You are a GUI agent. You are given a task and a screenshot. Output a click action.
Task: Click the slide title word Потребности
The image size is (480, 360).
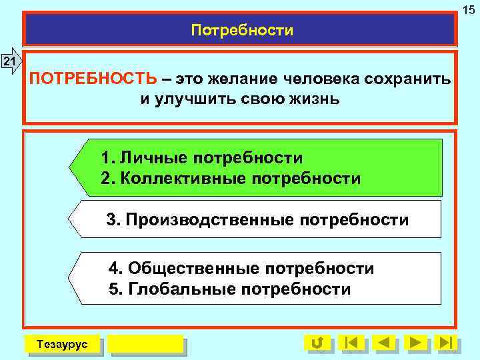pyautogui.click(x=241, y=31)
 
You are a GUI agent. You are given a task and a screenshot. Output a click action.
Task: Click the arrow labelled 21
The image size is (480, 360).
pyautogui.click(x=10, y=62)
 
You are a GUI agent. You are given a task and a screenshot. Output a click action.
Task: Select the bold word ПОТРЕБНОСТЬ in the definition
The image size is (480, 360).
pyautogui.click(x=94, y=79)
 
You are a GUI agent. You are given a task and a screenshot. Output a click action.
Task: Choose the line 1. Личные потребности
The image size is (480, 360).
pyautogui.click(x=201, y=158)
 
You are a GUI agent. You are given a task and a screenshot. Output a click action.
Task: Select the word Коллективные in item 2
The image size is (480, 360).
pyautogui.click(x=179, y=179)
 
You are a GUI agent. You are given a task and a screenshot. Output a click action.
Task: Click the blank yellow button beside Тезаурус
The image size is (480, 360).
pyautogui.click(x=145, y=343)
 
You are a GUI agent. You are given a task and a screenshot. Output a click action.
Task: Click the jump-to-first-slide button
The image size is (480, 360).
pyautogui.click(x=352, y=343)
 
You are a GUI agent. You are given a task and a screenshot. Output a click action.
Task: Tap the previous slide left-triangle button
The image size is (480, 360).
pyautogui.click(x=384, y=343)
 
